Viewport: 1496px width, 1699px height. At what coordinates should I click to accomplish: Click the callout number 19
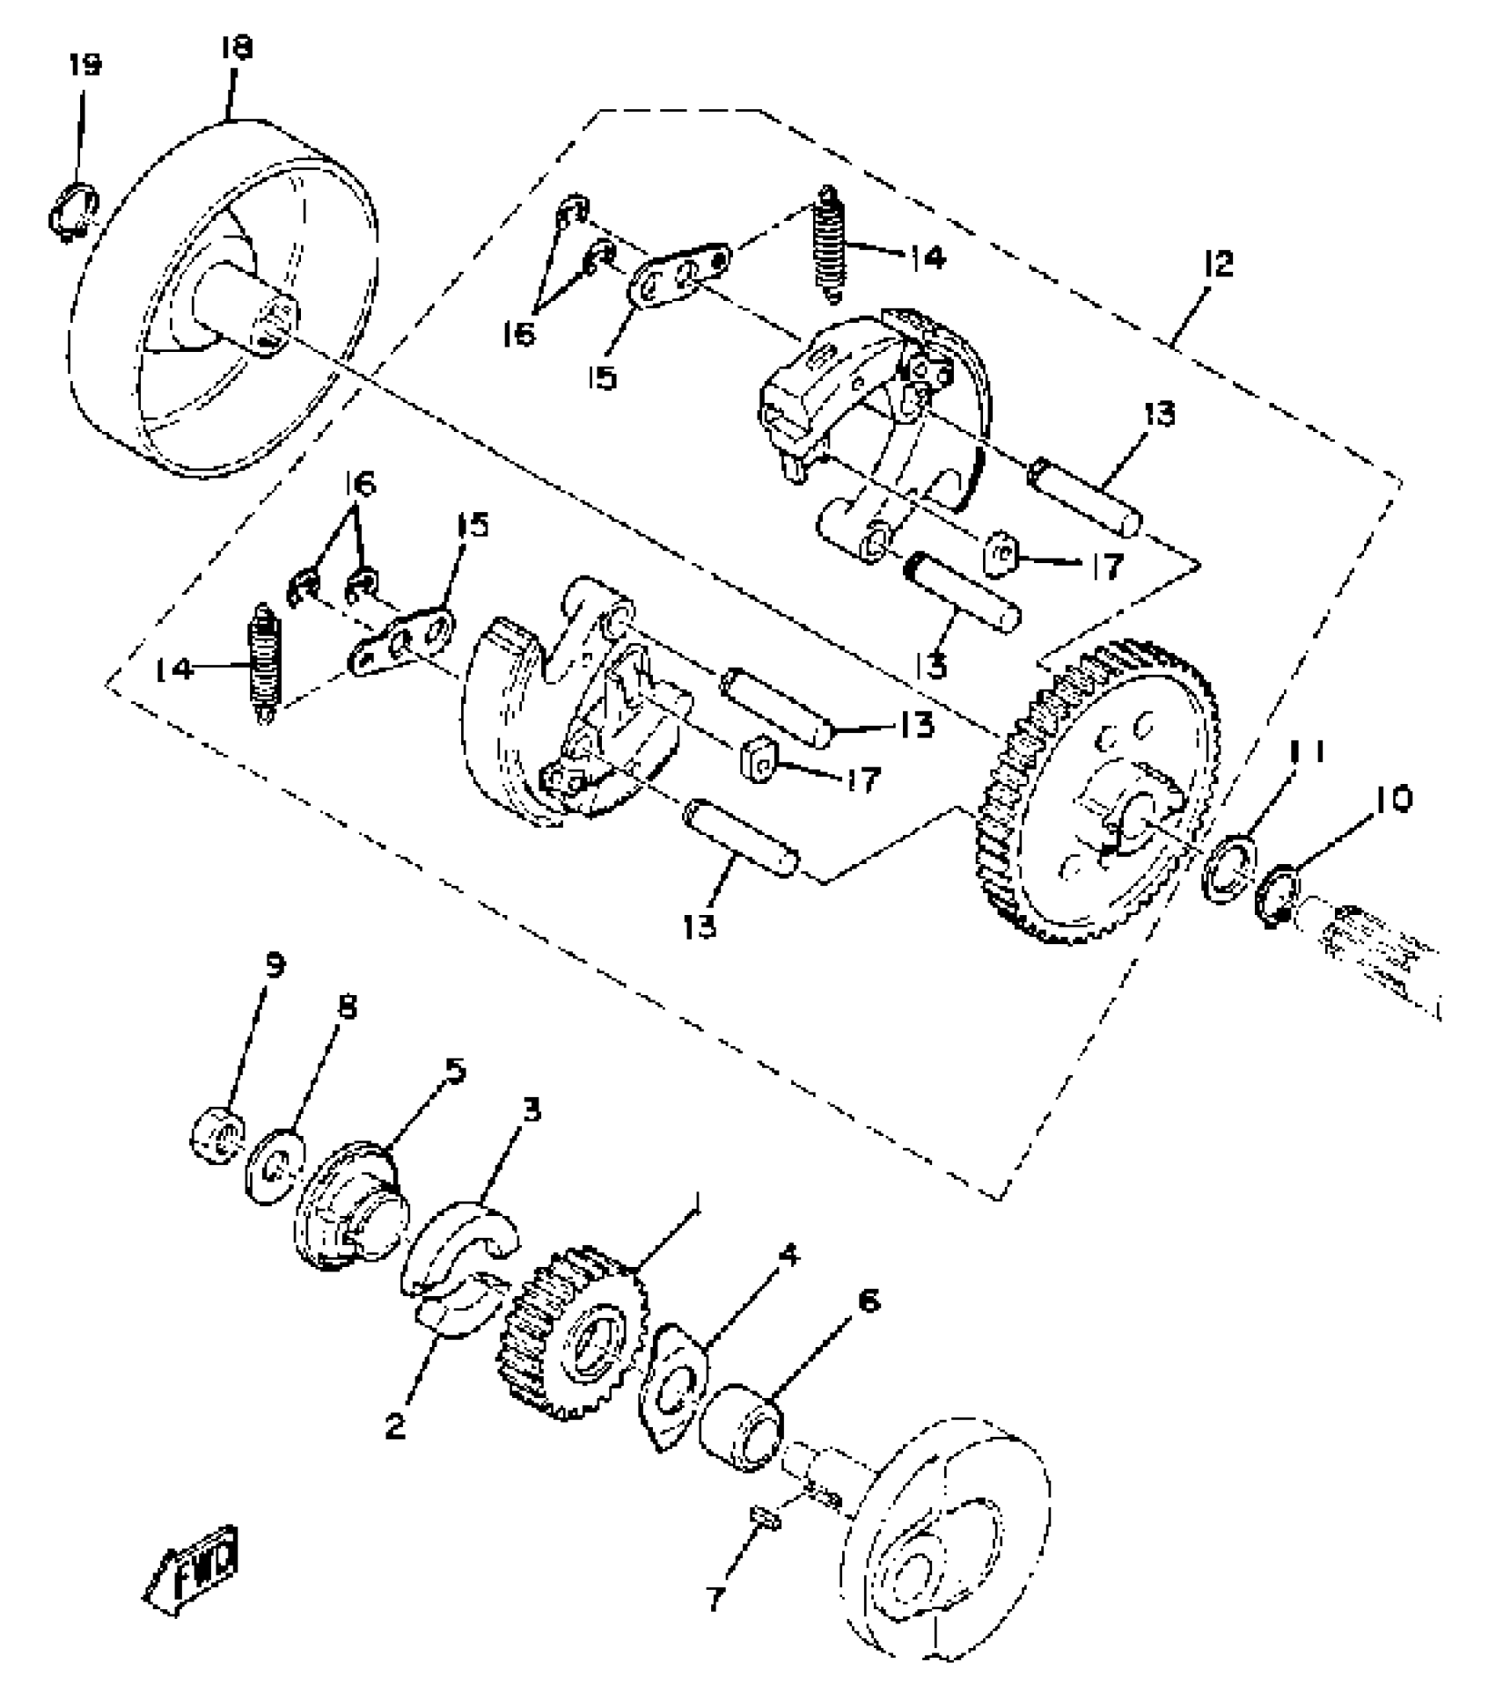click(x=84, y=66)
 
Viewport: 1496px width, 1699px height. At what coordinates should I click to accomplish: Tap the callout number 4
click(x=789, y=1256)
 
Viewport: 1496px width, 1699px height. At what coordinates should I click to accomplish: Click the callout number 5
click(x=455, y=1072)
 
